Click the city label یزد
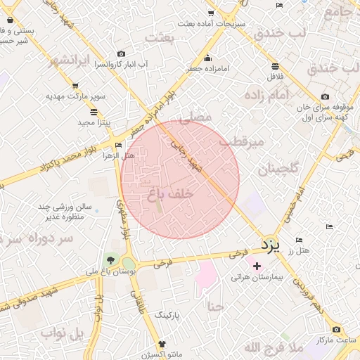pyautogui.click(x=270, y=245)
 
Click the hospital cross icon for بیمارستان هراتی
pyautogui.click(x=257, y=266)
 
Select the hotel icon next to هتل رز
pyautogui.click(x=300, y=240)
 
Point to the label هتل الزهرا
pyautogui.click(x=118, y=155)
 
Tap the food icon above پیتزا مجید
pyautogui.click(x=94, y=111)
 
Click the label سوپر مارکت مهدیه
pyautogui.click(x=76, y=95)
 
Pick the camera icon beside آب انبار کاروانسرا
pyautogui.click(x=121, y=54)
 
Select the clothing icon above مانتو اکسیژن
pyautogui.click(x=163, y=345)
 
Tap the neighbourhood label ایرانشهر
pyautogui.click(x=70, y=60)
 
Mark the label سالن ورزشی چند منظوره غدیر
pyautogui.click(x=70, y=212)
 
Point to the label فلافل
pyautogui.click(x=275, y=76)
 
